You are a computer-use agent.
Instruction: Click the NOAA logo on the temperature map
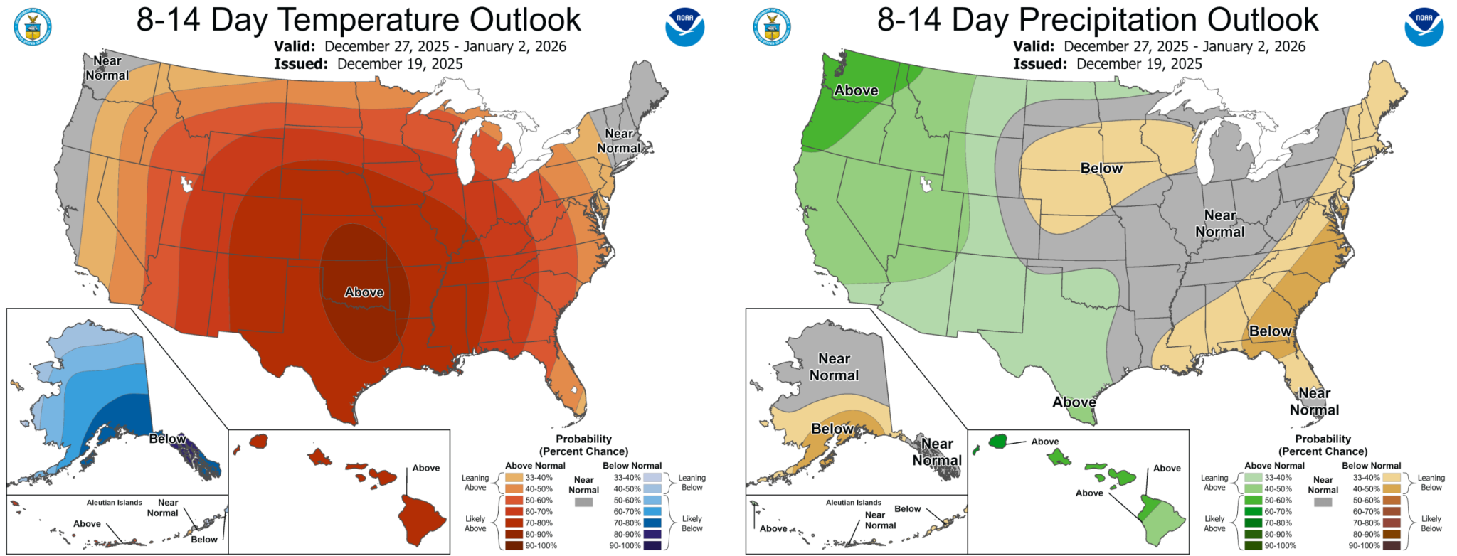(684, 27)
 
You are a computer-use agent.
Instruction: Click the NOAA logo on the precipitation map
(1424, 27)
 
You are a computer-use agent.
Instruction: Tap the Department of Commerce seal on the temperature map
(32, 27)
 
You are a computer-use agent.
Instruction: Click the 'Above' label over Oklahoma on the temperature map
(364, 292)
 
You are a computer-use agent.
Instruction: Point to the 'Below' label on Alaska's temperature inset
(167, 439)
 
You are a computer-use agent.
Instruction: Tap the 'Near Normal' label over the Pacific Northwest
(107, 68)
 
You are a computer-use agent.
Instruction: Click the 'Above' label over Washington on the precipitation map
(856, 90)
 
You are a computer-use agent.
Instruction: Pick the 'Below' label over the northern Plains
(1101, 169)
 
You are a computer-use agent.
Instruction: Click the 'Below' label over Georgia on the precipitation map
(1270, 331)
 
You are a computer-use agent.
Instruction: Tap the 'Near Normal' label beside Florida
(1314, 402)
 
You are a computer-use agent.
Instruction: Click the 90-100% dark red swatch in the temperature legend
(514, 546)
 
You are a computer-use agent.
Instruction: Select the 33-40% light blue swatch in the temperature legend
(652, 478)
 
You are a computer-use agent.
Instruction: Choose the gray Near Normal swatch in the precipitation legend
(1323, 502)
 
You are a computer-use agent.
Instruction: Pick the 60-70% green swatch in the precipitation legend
(1253, 512)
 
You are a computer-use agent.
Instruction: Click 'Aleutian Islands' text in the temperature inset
(115, 503)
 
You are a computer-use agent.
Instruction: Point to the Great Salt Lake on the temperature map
(188, 185)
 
